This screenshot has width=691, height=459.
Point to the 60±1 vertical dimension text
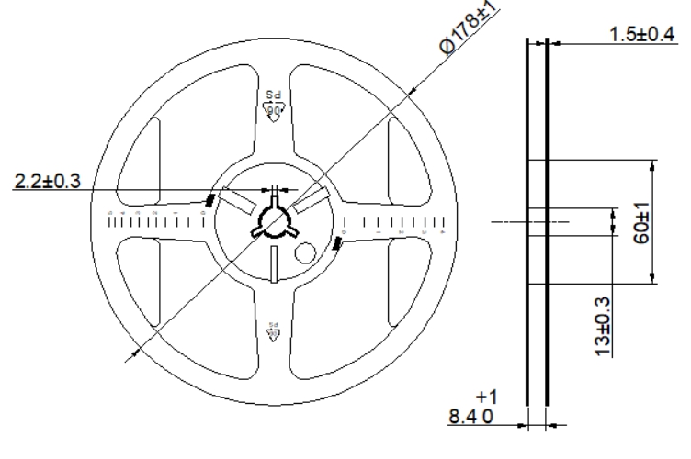pos(642,223)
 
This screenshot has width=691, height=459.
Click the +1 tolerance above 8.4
pos(486,397)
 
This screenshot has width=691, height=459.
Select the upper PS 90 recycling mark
pos(273,103)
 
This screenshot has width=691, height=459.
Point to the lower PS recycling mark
pos(273,331)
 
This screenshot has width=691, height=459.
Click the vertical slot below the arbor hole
pos(275,263)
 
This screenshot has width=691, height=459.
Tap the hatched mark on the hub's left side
pos(210,199)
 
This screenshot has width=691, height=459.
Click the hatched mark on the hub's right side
pos(337,243)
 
